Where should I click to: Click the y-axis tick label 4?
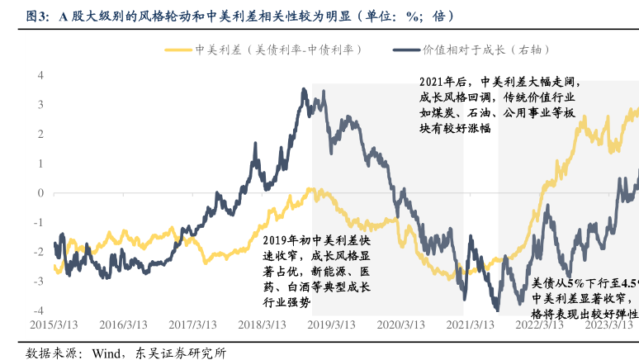[39, 75]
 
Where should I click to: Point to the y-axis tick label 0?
[39, 193]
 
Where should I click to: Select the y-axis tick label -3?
[37, 282]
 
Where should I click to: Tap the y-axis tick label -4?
[37, 310]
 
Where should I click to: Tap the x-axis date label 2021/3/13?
[471, 324]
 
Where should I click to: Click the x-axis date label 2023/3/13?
[609, 324]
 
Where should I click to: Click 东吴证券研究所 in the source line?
[180, 353]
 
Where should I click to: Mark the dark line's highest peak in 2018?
[305, 89]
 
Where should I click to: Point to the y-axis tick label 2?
[39, 134]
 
